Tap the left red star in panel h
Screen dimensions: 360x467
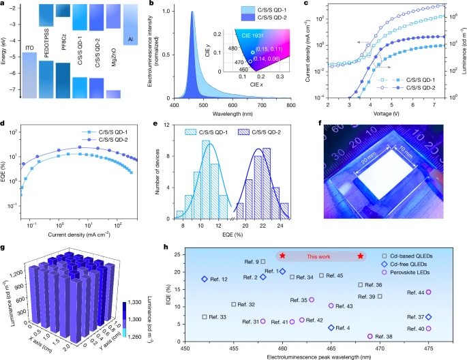click(x=282, y=256)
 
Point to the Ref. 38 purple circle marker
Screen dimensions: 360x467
click(x=370, y=336)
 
